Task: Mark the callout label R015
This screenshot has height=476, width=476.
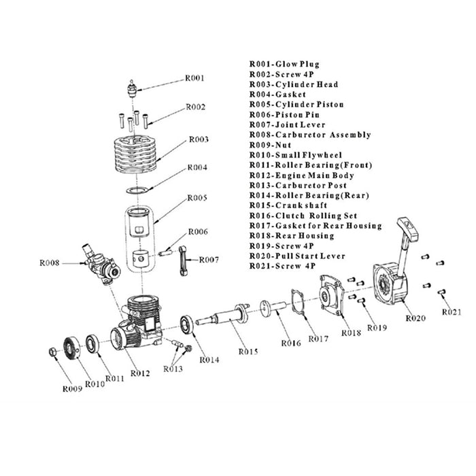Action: click(x=249, y=352)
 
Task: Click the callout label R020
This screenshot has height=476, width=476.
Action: click(x=416, y=318)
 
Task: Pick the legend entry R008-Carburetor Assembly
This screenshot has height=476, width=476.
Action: click(x=310, y=135)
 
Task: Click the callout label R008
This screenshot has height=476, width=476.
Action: click(x=53, y=262)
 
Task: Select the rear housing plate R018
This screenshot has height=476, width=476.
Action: click(x=333, y=294)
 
